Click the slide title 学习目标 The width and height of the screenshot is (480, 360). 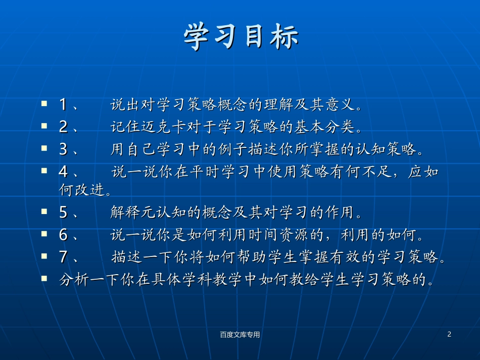click(241, 37)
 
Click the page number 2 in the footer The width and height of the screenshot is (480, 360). click(449, 334)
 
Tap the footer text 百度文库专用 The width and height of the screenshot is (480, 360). click(240, 334)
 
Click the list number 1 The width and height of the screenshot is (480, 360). click(63, 105)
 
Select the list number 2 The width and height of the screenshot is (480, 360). click(63, 127)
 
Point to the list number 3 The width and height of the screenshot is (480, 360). click(63, 149)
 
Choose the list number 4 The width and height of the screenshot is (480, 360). click(63, 172)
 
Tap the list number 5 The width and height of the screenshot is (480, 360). click(63, 213)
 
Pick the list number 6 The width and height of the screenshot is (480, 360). click(63, 235)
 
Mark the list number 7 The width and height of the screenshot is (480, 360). click(63, 258)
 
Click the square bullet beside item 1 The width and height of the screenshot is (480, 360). click(44, 104)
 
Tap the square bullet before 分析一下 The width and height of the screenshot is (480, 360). click(44, 278)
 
